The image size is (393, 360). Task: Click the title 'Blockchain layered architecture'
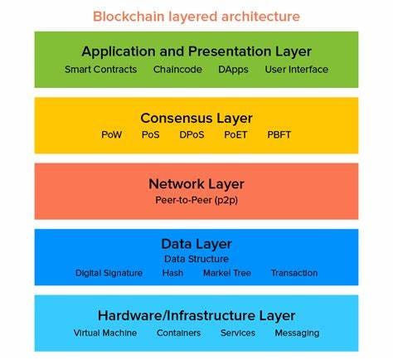pos(196,16)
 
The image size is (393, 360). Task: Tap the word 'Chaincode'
pos(177,70)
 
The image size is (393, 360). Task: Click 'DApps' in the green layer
pos(233,70)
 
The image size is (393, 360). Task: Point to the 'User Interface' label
pos(296,70)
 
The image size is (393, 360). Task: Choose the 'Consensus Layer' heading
pos(196,118)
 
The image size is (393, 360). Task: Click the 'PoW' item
pos(111,134)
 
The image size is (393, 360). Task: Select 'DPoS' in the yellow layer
pos(191,134)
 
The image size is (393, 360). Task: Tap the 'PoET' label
pos(235,134)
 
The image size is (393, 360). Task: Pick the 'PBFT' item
pos(280,134)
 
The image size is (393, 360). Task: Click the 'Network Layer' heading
pos(196,183)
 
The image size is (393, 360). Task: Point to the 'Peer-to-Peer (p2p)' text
pos(196,200)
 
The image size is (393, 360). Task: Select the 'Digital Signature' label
pos(109,273)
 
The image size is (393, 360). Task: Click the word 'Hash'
pos(173,273)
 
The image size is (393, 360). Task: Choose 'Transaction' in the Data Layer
pos(294,273)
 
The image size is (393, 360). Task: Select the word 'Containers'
pos(179,333)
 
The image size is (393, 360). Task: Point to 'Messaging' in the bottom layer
pos(296,333)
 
